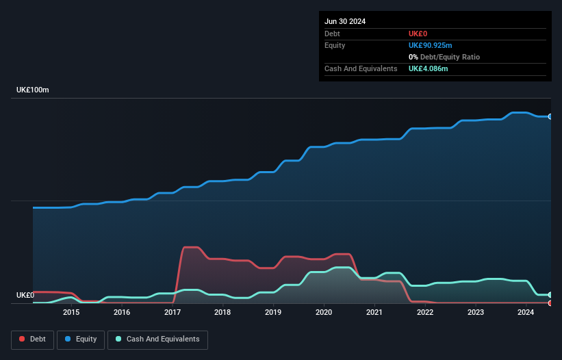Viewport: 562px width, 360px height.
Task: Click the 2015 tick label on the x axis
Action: pos(71,313)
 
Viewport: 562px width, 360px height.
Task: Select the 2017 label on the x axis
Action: pos(172,313)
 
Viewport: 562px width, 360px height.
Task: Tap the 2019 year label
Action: pos(273,313)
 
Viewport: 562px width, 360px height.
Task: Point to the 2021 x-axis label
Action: pos(374,313)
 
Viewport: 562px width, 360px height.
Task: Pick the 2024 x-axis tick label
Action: pos(526,313)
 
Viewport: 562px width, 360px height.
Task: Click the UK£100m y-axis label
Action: pos(33,90)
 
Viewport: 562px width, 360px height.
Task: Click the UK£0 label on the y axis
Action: pos(25,295)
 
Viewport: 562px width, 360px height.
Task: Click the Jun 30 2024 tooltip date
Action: pos(345,21)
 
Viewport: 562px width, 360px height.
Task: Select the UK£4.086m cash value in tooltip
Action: pos(429,68)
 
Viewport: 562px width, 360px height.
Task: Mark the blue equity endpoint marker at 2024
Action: pos(550,117)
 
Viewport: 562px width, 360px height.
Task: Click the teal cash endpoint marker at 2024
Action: pos(550,295)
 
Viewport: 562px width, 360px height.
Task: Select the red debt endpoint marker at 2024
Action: pos(550,303)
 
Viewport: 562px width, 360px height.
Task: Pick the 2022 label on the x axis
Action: pos(425,313)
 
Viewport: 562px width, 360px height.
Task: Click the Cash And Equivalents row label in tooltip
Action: pos(361,68)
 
